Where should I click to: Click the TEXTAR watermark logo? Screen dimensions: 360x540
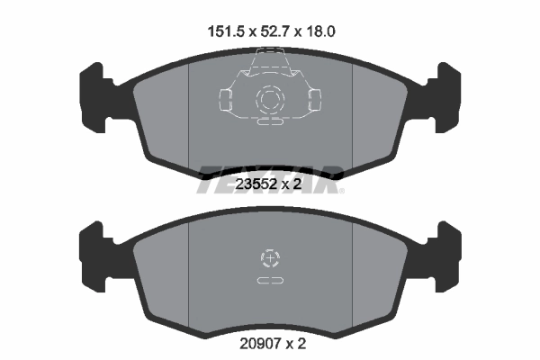269,171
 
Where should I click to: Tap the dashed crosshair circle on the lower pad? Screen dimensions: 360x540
269,260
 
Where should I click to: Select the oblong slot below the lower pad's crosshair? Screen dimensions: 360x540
269,282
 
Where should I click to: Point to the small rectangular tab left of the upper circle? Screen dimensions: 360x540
225,97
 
